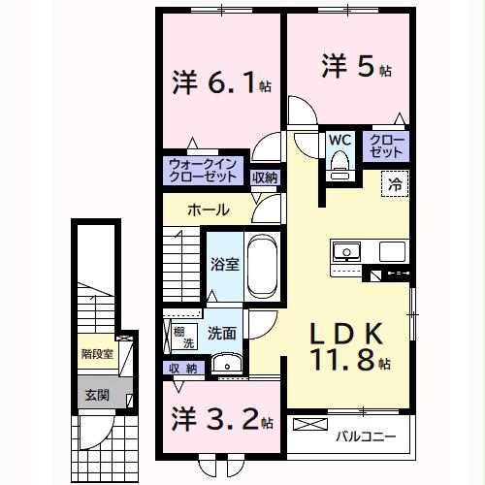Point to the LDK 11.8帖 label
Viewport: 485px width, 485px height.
point(349,346)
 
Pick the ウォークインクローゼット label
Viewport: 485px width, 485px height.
point(202,172)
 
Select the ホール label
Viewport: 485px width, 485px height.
point(209,210)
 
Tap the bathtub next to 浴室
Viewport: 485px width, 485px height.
point(262,268)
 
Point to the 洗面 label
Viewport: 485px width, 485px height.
point(221,332)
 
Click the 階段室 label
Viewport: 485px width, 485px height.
point(96,354)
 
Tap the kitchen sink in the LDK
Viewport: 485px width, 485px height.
point(346,253)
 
